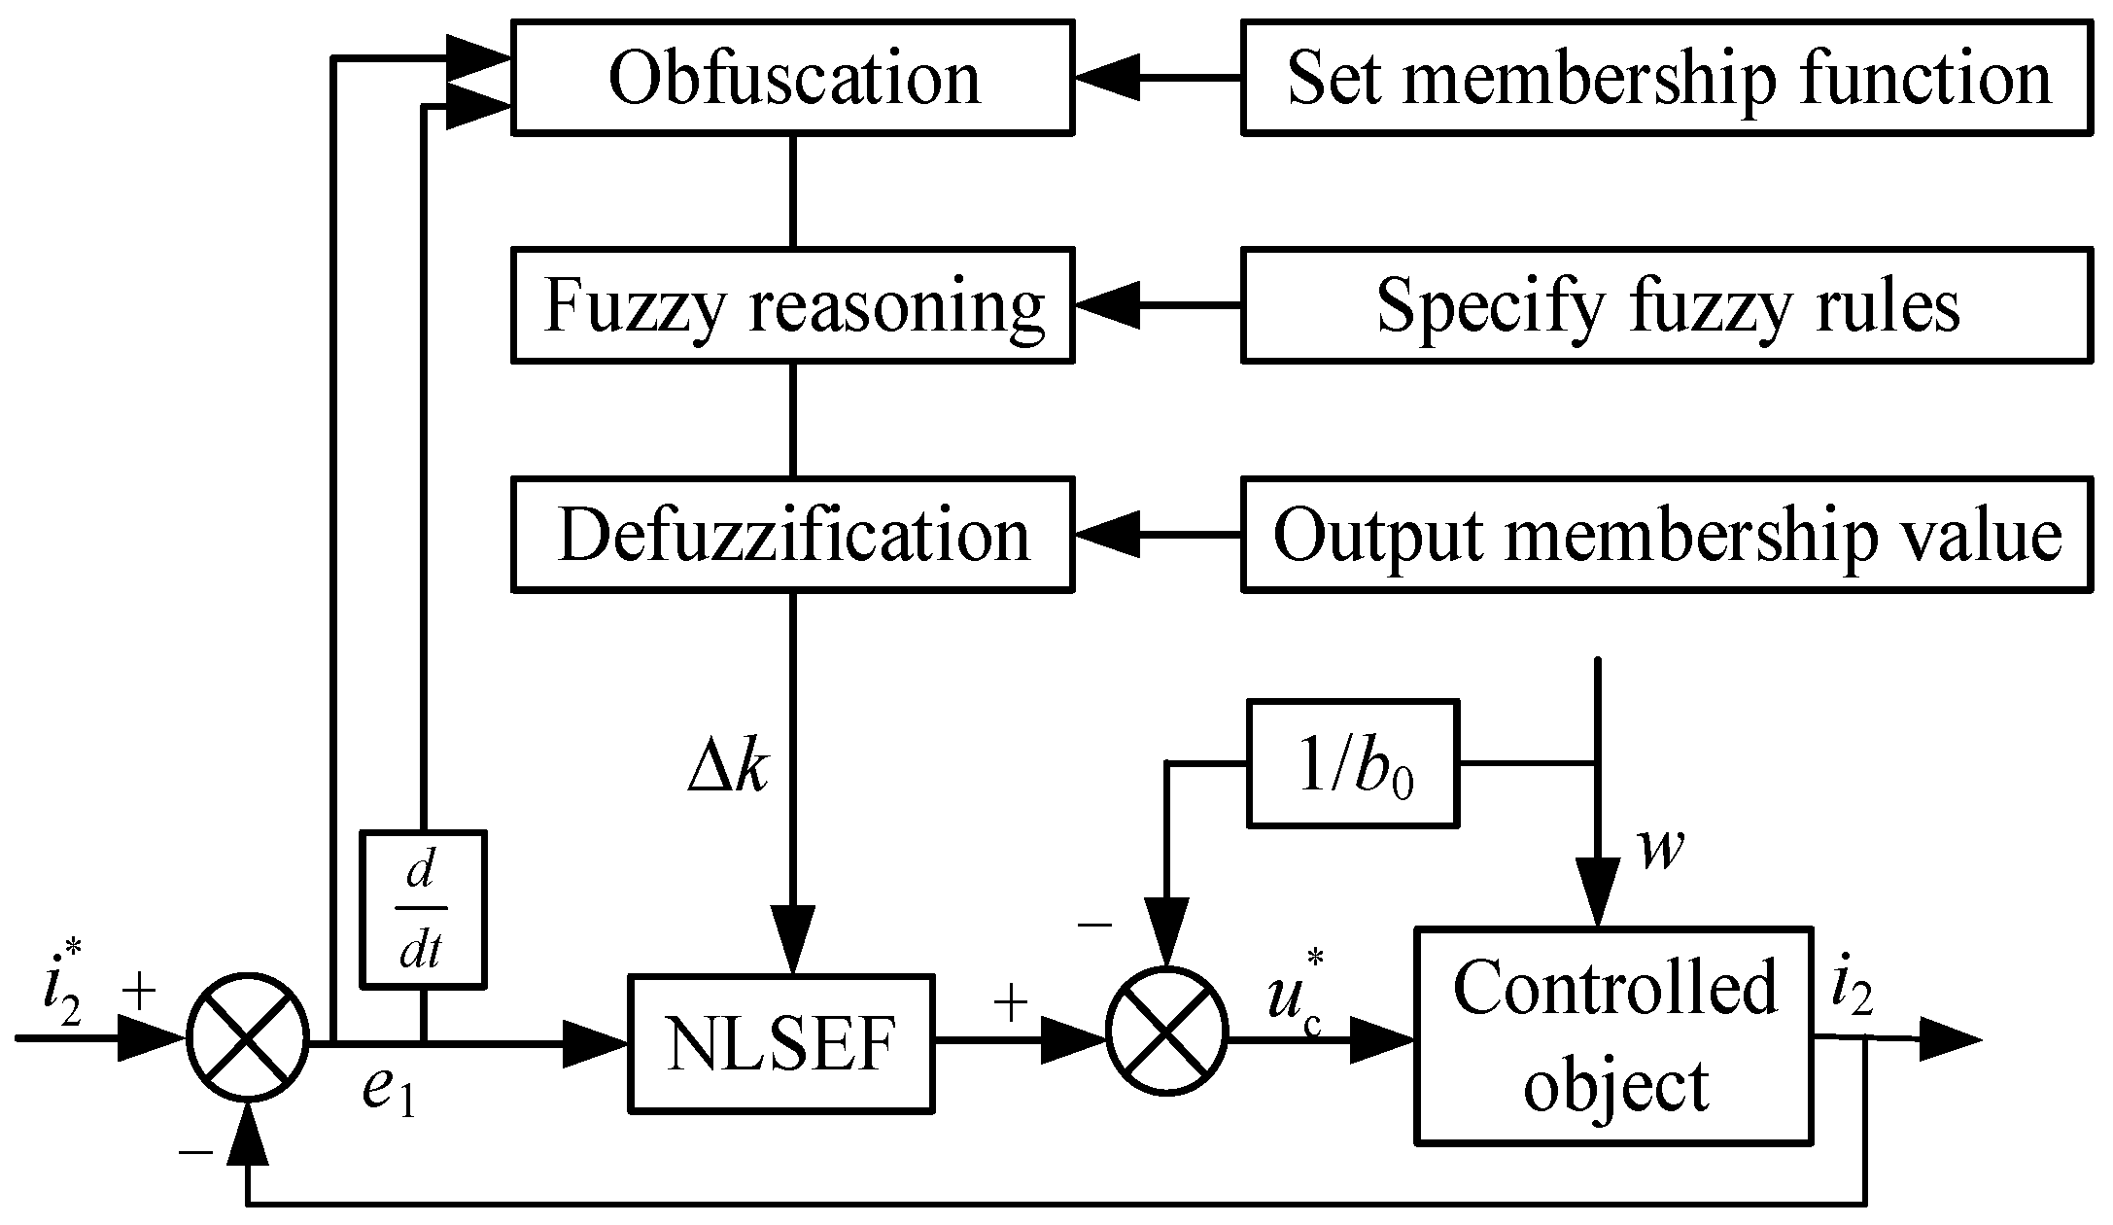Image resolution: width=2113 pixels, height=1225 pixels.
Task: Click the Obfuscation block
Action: point(792,78)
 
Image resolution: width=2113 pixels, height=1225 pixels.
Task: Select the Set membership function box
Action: point(1666,78)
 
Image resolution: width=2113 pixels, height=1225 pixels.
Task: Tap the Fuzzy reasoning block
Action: point(792,305)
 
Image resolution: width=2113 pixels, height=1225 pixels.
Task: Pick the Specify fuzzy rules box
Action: point(1666,305)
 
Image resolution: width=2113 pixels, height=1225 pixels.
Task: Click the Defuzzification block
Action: point(792,535)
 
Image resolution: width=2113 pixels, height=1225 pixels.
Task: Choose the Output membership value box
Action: point(1666,535)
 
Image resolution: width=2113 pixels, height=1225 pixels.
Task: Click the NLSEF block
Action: point(779,1043)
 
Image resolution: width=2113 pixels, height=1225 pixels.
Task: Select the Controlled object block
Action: point(1613,1034)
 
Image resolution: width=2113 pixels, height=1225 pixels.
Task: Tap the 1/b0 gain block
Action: point(1353,763)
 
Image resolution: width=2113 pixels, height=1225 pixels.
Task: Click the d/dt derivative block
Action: point(422,910)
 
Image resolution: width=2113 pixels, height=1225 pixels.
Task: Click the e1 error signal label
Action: point(389,1091)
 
